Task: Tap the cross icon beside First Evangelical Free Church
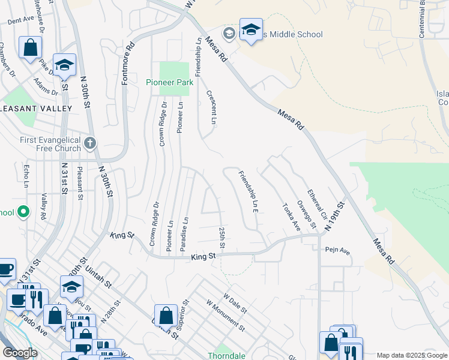[90, 143]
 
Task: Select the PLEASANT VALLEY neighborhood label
[36, 109]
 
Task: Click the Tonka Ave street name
[291, 217]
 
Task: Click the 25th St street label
[221, 238]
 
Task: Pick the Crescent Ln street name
[211, 107]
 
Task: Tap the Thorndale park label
[223, 355]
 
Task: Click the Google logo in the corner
[20, 353]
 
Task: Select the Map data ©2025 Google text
[412, 355]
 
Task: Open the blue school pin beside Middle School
[250, 29]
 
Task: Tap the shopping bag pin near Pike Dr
[30, 47]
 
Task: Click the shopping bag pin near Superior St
[165, 315]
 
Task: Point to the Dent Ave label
[20, 20]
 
